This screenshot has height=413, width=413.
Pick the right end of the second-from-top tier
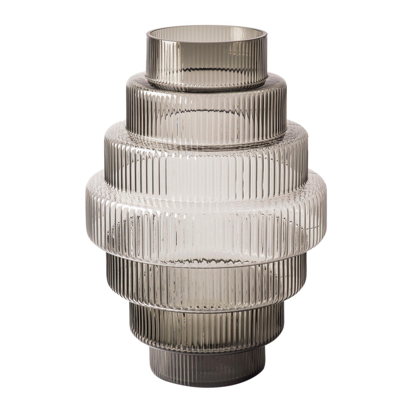pos(286,108)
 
